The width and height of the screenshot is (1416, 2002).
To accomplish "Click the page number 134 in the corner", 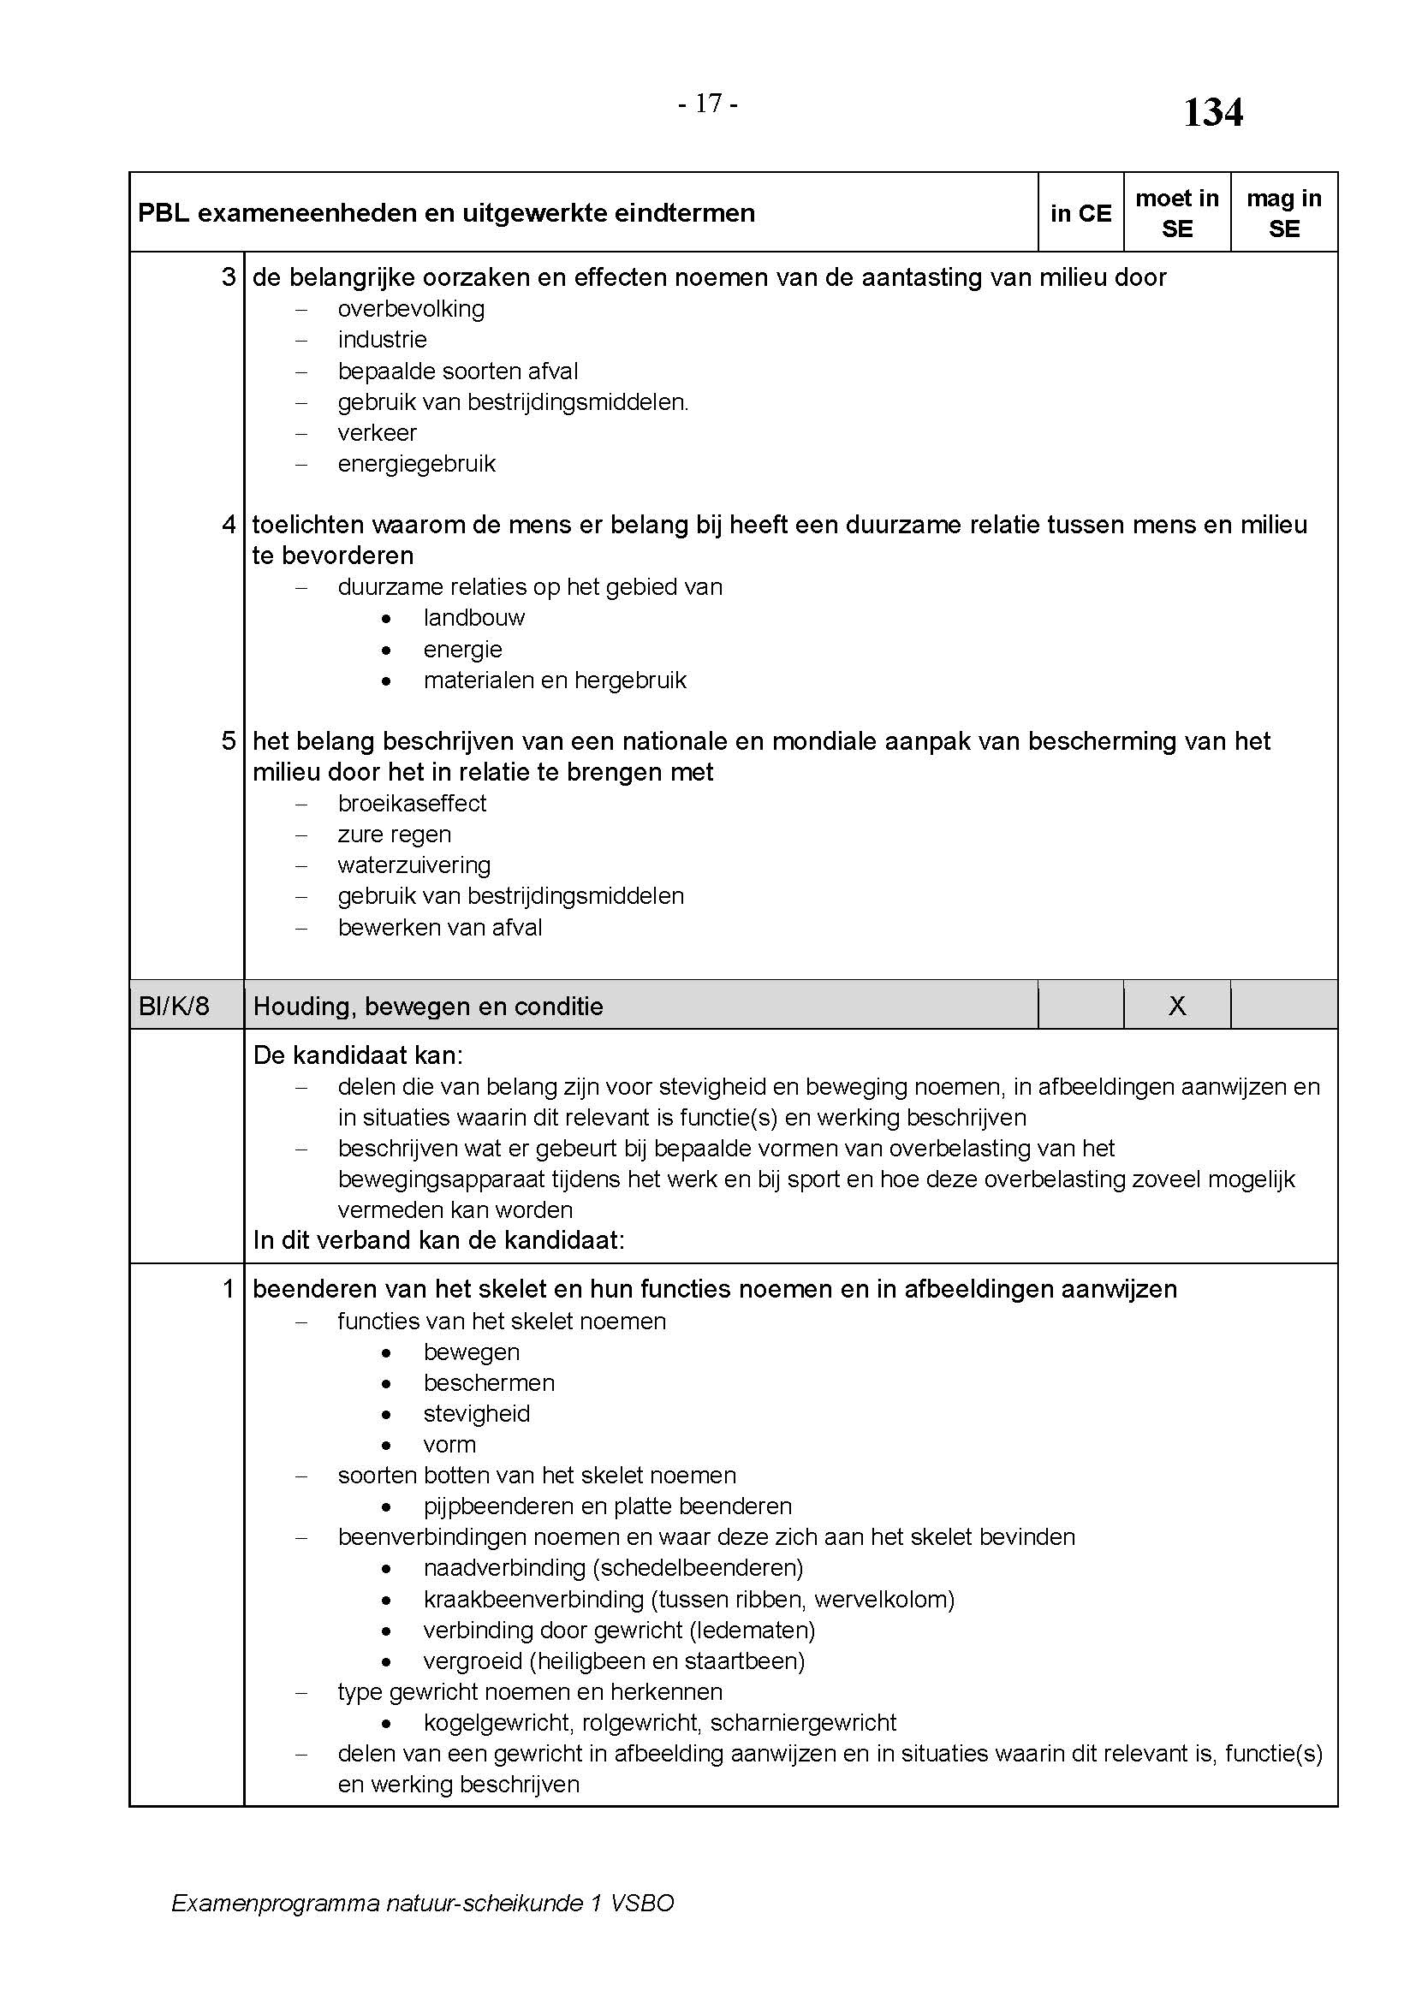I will pos(1212,112).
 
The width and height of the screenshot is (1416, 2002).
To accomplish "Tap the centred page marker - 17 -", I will pos(708,104).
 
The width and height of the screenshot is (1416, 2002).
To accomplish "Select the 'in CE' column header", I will pos(1080,214).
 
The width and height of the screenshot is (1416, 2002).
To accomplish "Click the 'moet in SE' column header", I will pos(1176,214).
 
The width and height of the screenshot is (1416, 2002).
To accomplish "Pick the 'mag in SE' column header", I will pos(1283,214).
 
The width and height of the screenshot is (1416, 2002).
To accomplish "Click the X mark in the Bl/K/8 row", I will pos(1176,1006).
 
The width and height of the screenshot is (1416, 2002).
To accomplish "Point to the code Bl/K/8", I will pos(175,1007).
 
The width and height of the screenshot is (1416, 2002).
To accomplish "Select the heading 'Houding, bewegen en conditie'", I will pos(428,1007).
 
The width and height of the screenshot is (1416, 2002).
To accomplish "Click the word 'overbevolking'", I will pos(411,309).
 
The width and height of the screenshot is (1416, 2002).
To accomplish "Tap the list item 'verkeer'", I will pos(377,432).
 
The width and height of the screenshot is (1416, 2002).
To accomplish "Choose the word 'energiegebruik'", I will pos(416,464).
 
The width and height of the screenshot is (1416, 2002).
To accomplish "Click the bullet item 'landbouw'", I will pos(474,618).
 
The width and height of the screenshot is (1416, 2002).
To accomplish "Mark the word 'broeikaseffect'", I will pos(412,803).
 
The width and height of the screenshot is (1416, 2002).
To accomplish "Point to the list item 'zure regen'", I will pos(394,835).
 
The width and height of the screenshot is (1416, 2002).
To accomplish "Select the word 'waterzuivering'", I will pos(414,865).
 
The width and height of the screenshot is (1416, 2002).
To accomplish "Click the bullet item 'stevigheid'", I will pos(476,1413).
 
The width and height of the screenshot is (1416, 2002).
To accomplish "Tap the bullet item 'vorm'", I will pos(449,1444).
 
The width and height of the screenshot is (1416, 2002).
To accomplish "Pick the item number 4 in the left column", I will pos(229,525).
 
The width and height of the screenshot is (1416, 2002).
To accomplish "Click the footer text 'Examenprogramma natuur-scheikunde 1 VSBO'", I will pos(422,1903).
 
